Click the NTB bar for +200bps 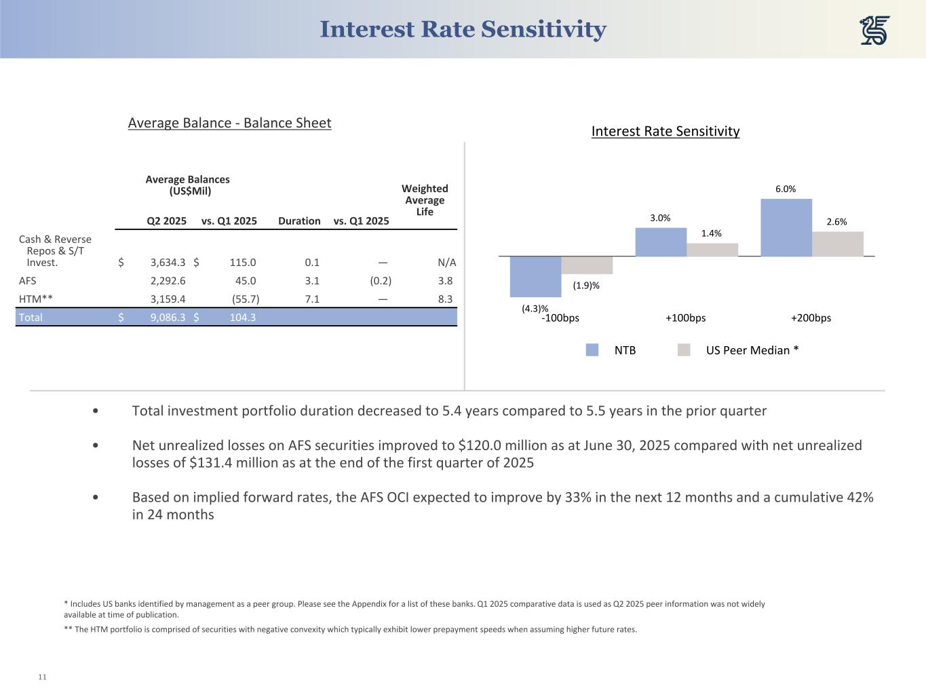pyautogui.click(x=786, y=227)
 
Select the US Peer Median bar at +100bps pyautogui.click(x=712, y=250)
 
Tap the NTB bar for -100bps pyautogui.click(x=535, y=276)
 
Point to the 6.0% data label pyautogui.click(x=786, y=189)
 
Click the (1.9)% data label pyautogui.click(x=586, y=286)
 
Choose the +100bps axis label pyautogui.click(x=685, y=318)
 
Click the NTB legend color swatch pyautogui.click(x=592, y=350)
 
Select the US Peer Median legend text pyautogui.click(x=752, y=350)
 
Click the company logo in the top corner pyautogui.click(x=874, y=31)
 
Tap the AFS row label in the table pyautogui.click(x=28, y=280)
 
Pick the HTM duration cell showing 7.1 pyautogui.click(x=312, y=299)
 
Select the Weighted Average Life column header pyautogui.click(x=425, y=200)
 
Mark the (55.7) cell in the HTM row pyautogui.click(x=245, y=299)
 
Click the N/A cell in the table pyautogui.click(x=447, y=263)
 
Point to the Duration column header pyautogui.click(x=299, y=221)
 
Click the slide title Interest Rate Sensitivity pyautogui.click(x=463, y=30)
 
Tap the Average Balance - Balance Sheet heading pyautogui.click(x=229, y=123)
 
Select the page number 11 pyautogui.click(x=42, y=677)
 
